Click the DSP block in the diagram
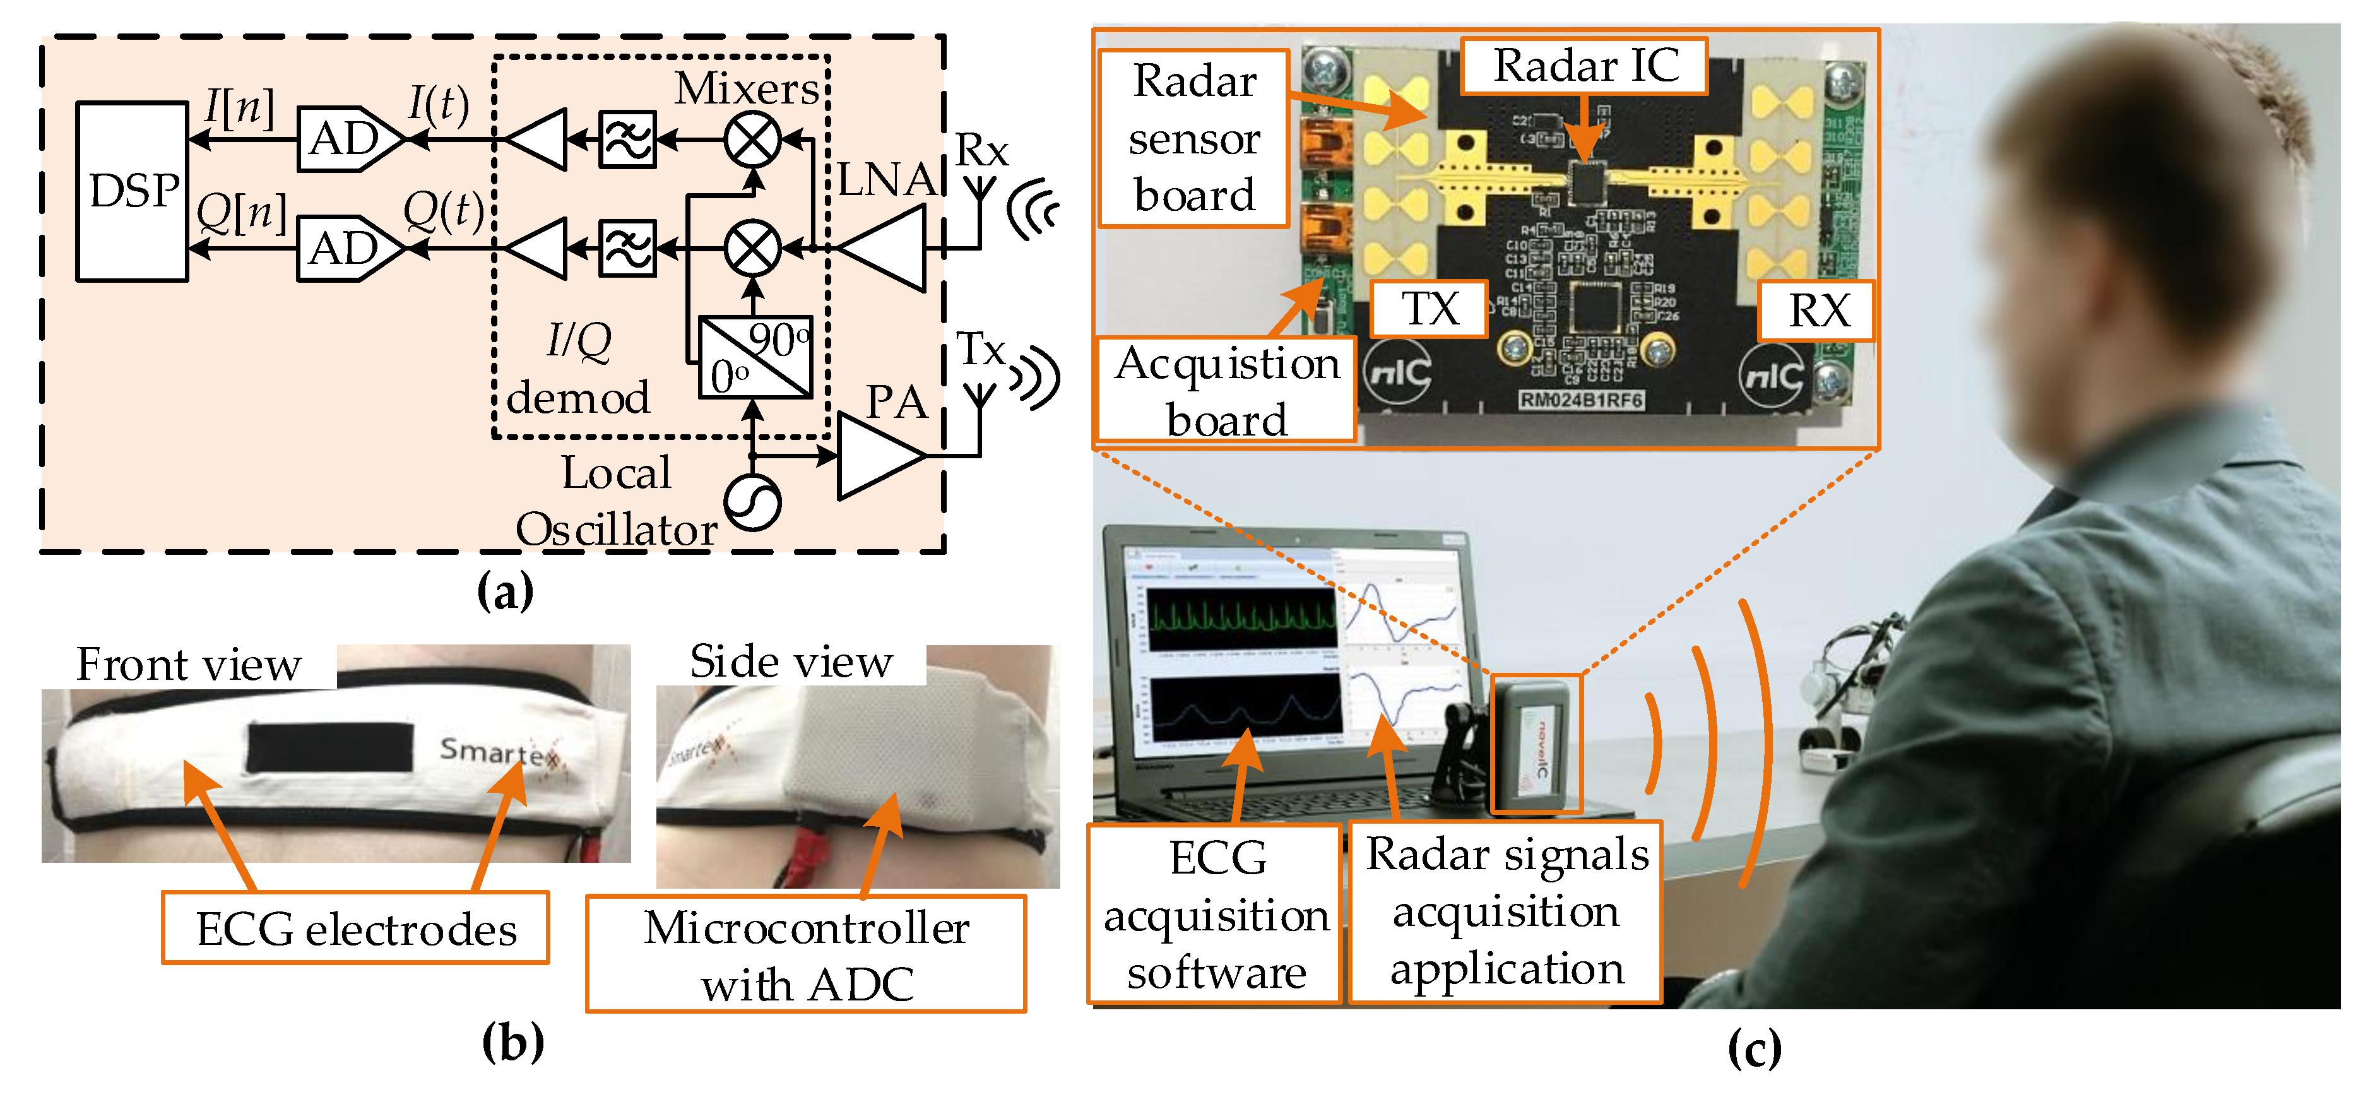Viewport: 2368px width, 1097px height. coord(133,191)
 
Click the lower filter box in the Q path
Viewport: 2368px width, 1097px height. coord(628,248)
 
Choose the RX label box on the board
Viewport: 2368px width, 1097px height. coord(1816,311)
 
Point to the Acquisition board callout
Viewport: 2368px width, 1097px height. coord(1226,391)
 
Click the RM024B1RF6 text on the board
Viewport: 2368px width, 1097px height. coord(1580,401)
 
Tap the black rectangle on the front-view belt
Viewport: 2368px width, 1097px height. coord(330,747)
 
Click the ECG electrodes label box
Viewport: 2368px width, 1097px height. coord(356,928)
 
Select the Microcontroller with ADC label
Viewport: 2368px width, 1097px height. coord(806,954)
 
